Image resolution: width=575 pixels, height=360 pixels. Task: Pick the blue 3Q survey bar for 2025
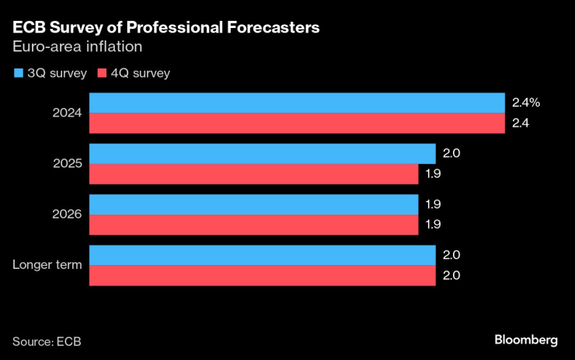click(263, 154)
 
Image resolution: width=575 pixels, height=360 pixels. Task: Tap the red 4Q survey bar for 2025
click(254, 173)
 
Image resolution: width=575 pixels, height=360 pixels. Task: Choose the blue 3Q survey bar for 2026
click(254, 204)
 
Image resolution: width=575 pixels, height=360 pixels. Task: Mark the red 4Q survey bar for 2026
click(254, 224)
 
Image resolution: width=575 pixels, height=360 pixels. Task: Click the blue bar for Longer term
click(263, 256)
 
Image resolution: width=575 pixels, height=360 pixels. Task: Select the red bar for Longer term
click(263, 275)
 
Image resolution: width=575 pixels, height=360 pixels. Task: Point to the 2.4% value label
click(525, 103)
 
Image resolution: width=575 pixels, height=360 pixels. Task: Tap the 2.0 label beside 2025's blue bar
click(452, 154)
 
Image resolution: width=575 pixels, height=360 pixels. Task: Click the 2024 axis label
click(68, 114)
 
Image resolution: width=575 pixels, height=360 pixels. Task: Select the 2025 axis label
click(68, 164)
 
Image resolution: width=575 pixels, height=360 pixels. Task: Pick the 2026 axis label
click(68, 215)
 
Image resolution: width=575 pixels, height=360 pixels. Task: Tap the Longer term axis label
click(47, 265)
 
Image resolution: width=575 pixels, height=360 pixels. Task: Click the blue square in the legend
click(18, 74)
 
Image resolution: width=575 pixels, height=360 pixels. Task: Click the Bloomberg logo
click(526, 341)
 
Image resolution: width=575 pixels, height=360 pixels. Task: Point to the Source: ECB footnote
click(47, 341)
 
